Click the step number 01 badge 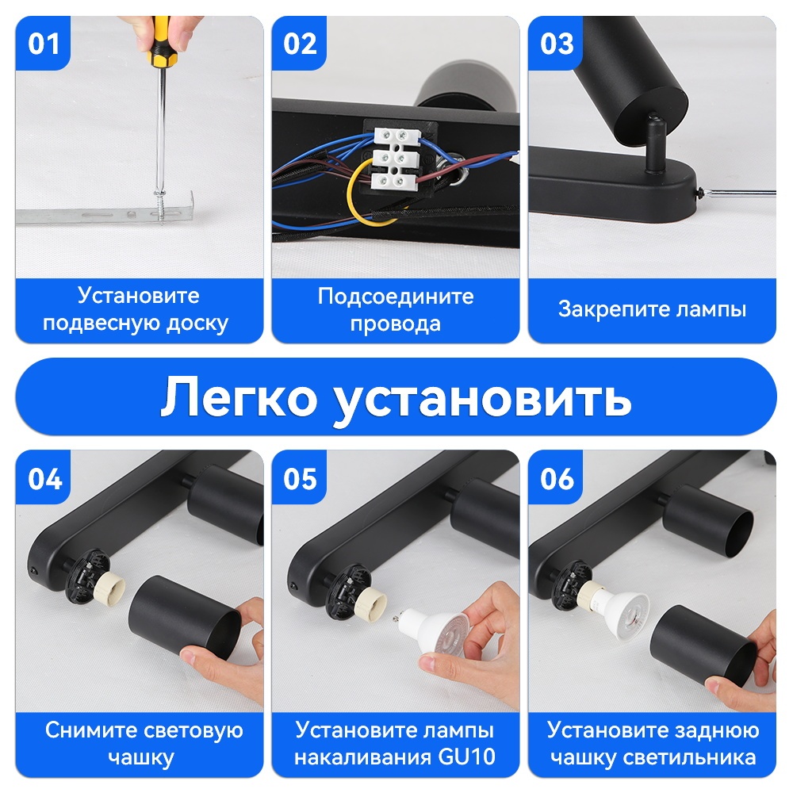coord(43,44)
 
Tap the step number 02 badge coord(300,44)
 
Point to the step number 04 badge coord(44,478)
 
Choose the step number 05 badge coord(300,478)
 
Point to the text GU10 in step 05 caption coord(466,757)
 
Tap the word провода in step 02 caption coord(396,324)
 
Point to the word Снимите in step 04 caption coord(91,730)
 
